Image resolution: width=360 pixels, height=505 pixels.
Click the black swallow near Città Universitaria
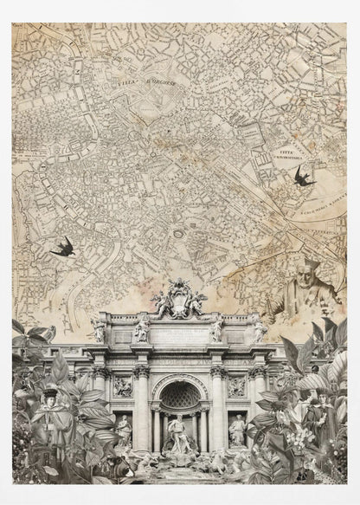coord(303,177)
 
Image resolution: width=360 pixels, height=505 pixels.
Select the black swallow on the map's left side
coord(63,248)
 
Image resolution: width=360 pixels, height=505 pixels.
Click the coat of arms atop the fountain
coord(179,299)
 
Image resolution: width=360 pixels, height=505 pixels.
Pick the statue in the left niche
coord(124,429)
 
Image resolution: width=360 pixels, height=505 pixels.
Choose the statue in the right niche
coord(236,429)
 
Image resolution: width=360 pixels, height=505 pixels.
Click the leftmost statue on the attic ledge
coord(99,330)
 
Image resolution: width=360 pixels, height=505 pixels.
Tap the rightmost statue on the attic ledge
coord(260,330)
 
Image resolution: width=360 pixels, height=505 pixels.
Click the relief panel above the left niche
coord(123,386)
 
